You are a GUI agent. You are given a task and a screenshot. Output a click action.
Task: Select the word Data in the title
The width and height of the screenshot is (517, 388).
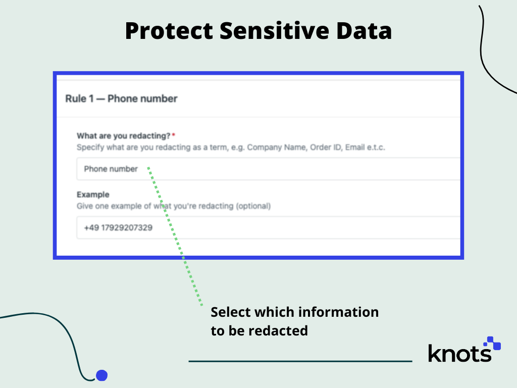(x=361, y=31)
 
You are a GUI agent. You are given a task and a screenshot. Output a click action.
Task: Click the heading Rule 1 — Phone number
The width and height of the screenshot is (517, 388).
(x=121, y=99)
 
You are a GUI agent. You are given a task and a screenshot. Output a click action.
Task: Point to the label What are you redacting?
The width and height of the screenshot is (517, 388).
(x=123, y=136)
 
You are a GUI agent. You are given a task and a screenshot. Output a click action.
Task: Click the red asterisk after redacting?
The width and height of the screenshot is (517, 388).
(x=174, y=135)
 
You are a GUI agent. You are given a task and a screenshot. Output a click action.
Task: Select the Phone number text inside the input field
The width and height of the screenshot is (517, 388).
(x=111, y=169)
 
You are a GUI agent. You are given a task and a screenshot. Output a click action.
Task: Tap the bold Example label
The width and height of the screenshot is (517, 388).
(x=93, y=195)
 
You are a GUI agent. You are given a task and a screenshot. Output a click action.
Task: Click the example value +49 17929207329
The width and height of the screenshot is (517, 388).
(x=118, y=228)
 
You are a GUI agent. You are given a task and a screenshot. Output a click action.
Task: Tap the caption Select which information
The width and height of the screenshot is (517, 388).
(x=294, y=312)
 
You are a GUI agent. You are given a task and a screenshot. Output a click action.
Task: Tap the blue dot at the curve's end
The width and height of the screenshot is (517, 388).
(x=102, y=375)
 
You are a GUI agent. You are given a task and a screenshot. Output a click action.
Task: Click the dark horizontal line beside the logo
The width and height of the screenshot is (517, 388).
(x=300, y=361)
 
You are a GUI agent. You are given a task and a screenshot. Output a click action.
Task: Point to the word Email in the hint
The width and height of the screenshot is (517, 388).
(x=355, y=148)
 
